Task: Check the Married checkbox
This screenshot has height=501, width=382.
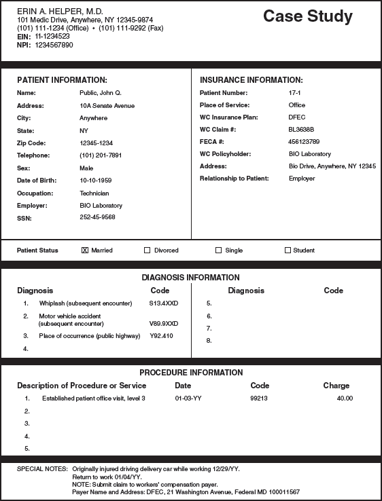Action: pos(85,250)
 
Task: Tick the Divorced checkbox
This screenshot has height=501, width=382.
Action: pos(147,250)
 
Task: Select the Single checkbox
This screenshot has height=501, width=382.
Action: pos(219,250)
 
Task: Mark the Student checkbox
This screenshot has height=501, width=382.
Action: pos(288,250)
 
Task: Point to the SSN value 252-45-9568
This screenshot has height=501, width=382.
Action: pos(97,217)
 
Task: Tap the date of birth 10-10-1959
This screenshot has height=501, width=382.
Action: pos(96,181)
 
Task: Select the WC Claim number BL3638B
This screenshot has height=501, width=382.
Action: pos(302,130)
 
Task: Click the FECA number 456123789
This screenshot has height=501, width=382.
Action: pos(304,142)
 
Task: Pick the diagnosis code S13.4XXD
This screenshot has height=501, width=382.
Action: pos(163,303)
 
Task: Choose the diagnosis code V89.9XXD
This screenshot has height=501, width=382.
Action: pos(163,324)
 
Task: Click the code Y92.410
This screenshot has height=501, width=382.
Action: pos(161,336)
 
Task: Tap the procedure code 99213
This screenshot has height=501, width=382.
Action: pos(260,398)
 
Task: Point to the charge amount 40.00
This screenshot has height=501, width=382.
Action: pos(345,398)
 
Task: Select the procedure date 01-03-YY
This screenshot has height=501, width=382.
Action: pos(188,398)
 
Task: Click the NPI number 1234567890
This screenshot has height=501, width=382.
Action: pos(54,45)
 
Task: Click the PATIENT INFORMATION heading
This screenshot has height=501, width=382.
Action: pos(62,80)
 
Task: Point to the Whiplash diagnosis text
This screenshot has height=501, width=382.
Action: pos(85,303)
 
